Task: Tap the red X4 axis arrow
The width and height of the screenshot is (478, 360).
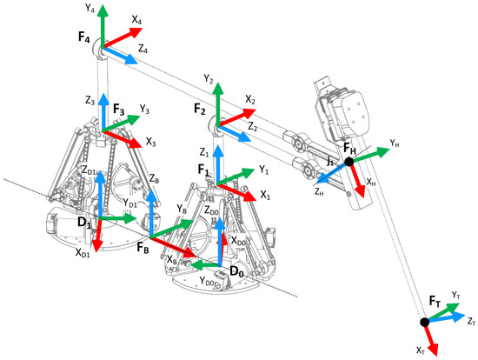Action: click(123, 38)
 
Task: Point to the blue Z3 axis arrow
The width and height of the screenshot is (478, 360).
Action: click(103, 112)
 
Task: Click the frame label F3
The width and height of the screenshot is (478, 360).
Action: click(118, 110)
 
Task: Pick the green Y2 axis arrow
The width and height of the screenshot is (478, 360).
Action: click(217, 104)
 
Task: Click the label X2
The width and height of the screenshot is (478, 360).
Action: click(250, 100)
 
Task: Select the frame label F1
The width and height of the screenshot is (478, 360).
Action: click(203, 170)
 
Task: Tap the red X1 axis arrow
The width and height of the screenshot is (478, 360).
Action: click(236, 192)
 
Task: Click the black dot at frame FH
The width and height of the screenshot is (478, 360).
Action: click(349, 162)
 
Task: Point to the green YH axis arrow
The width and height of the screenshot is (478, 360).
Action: click(369, 155)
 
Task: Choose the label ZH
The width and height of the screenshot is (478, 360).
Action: click(319, 192)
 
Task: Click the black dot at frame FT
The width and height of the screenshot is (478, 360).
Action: click(424, 322)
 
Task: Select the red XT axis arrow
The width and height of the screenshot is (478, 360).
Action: click(431, 338)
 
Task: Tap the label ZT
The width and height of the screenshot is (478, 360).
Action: click(471, 321)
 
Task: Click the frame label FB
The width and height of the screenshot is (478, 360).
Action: click(143, 247)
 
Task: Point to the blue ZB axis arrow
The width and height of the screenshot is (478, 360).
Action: click(151, 213)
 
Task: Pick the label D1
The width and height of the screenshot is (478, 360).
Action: click(84, 223)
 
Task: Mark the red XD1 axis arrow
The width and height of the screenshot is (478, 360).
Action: click(98, 235)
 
